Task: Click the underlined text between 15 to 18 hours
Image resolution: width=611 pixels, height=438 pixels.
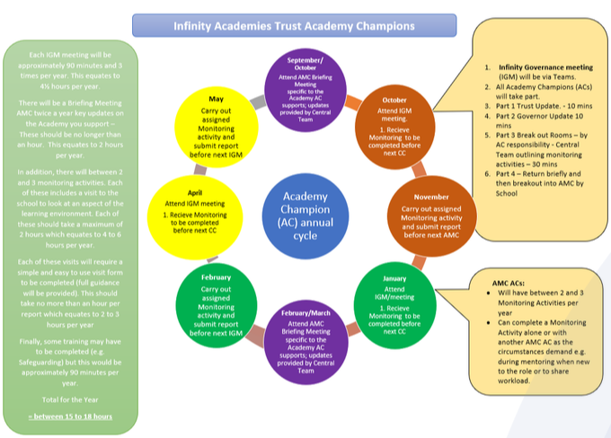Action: coord(69,416)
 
